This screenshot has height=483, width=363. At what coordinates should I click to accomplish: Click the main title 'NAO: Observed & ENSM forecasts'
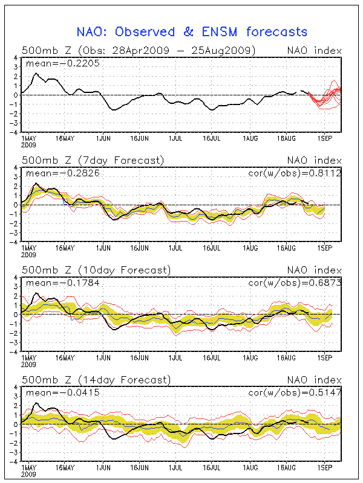pos(192,31)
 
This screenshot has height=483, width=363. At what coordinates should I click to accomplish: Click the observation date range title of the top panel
pos(139,50)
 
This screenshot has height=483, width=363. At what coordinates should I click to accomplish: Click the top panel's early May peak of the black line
pos(36,74)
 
